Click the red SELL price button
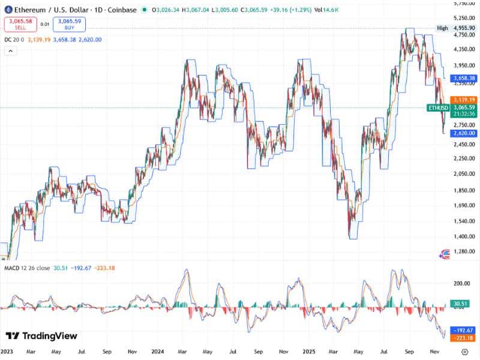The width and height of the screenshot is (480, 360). (20, 25)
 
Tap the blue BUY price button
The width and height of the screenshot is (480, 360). (69, 25)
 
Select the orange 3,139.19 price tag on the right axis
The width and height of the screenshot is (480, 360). (464, 99)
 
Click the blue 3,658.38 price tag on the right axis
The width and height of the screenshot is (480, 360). (464, 78)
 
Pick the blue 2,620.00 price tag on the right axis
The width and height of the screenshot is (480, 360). (464, 133)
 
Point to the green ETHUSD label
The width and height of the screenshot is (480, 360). (437, 107)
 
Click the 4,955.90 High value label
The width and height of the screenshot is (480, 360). (464, 28)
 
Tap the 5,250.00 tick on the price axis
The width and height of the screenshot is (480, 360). (464, 19)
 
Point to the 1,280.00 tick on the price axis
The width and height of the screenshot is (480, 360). (464, 252)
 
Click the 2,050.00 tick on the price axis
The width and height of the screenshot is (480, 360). (464, 173)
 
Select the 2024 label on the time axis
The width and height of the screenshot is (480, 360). (158, 352)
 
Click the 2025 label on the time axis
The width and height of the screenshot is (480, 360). (309, 352)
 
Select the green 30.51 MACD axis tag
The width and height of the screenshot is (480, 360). (460, 304)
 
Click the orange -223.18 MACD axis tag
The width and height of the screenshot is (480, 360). (464, 338)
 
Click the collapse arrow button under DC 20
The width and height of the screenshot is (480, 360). (10, 51)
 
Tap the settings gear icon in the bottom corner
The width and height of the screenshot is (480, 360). (472, 352)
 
